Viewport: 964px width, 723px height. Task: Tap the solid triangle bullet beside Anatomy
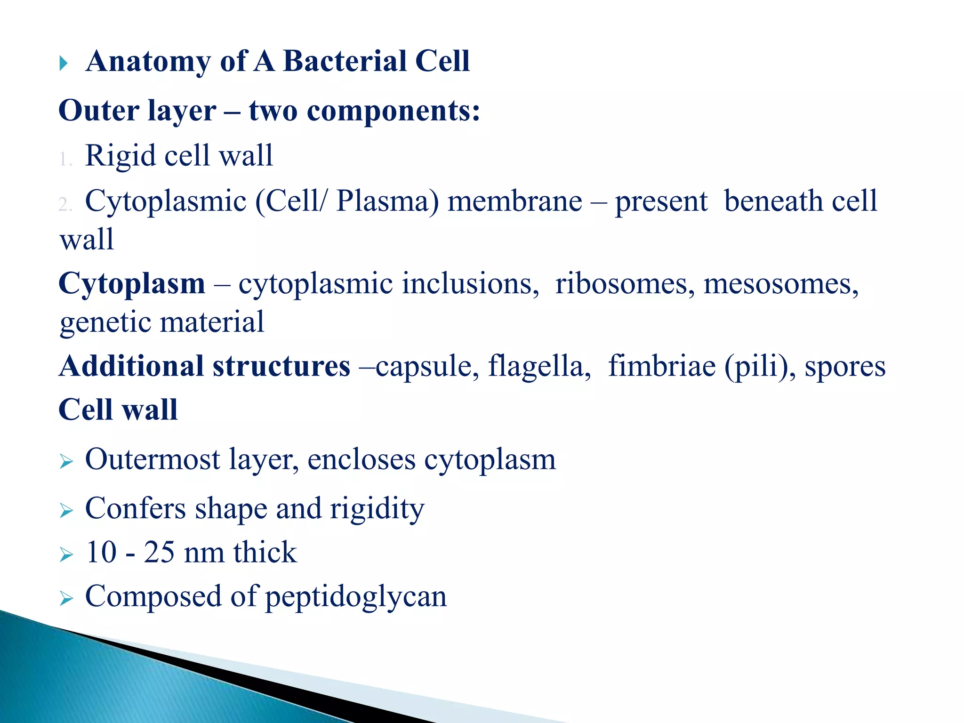(x=64, y=63)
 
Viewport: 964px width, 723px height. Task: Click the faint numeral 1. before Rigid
(x=65, y=160)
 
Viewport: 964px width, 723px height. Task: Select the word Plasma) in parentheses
(x=387, y=201)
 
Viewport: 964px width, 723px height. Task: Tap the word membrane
(x=514, y=201)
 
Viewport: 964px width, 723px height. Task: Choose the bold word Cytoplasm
(x=132, y=284)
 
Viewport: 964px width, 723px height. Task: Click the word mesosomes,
(x=781, y=284)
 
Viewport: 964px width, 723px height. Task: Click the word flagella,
(x=539, y=367)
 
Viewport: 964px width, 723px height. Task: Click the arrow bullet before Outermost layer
(x=66, y=462)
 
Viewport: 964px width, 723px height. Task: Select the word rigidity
(x=377, y=509)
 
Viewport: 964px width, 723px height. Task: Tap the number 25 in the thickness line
(x=159, y=552)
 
